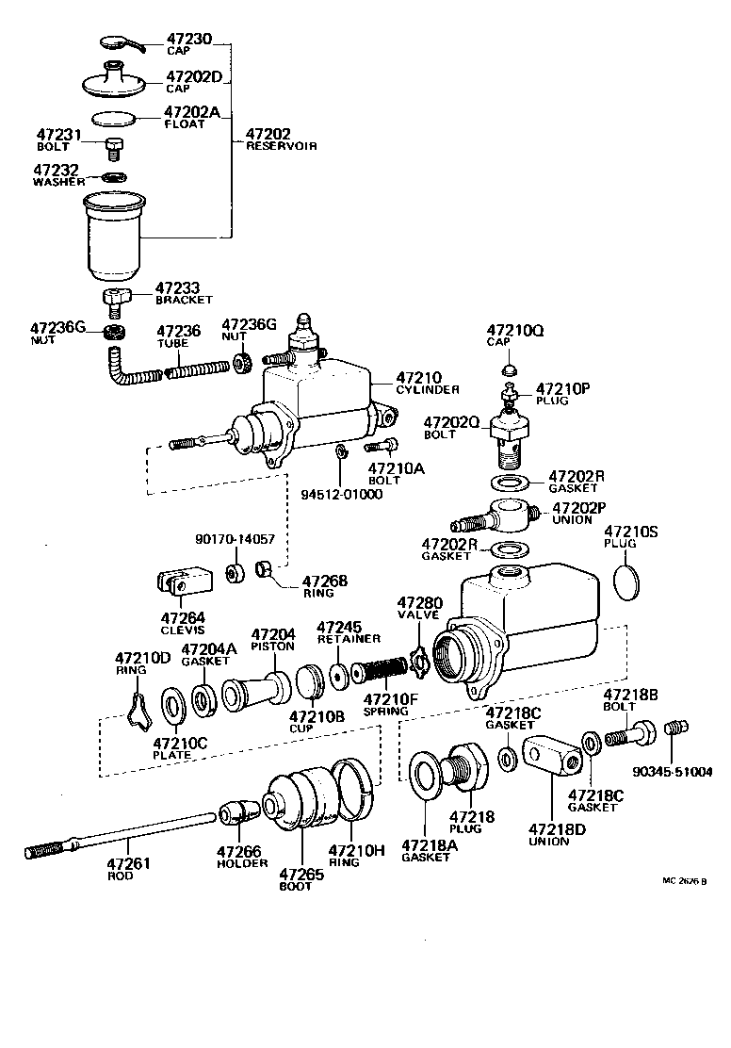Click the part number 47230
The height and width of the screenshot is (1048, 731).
click(190, 40)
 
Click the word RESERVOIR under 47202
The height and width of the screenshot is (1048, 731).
click(281, 147)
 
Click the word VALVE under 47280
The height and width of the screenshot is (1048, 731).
click(418, 614)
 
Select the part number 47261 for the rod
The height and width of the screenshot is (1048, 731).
click(128, 862)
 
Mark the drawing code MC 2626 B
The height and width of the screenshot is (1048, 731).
click(684, 882)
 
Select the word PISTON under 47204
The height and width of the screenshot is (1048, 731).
click(272, 647)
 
